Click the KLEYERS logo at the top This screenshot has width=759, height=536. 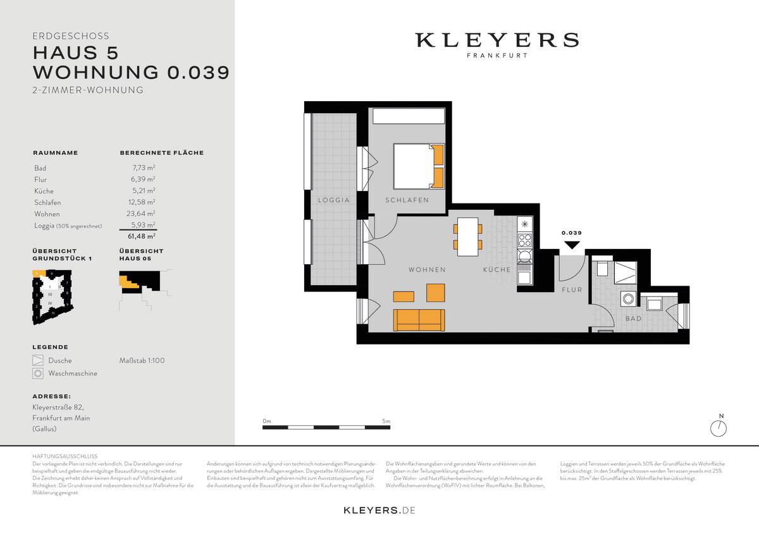497,40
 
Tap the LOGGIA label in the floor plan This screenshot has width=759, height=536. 334,200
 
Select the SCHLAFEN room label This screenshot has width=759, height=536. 407,200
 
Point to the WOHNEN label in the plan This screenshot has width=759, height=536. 427,270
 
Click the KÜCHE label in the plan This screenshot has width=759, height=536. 497,270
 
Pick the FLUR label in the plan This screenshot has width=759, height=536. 572,290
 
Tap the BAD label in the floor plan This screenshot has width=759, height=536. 633,319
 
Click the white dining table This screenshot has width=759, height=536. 468,236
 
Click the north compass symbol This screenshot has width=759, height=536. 719,428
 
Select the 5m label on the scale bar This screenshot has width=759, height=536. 386,421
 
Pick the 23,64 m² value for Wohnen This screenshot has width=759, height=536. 143,214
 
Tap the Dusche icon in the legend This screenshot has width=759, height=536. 39,361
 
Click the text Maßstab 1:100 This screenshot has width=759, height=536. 142,361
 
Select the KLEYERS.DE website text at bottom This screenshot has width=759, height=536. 379,509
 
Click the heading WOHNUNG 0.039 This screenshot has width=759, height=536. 131,71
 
